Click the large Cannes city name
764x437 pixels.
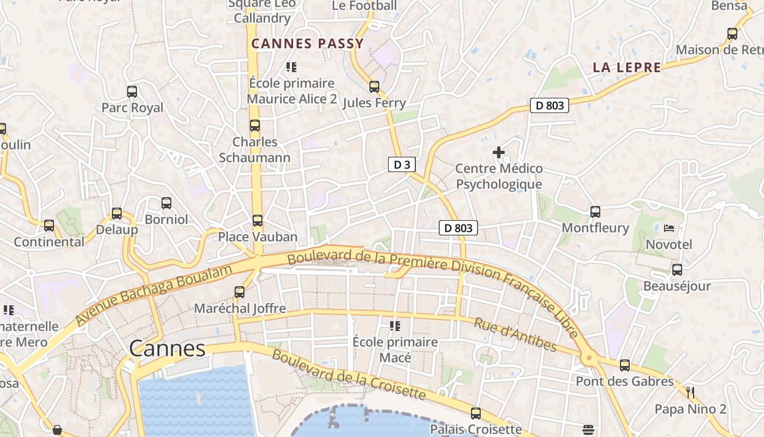(x=168, y=349)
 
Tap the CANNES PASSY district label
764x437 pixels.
(x=307, y=44)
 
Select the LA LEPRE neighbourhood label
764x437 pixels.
(x=627, y=68)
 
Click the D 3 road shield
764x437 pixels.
(x=402, y=164)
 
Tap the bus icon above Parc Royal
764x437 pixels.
(x=132, y=91)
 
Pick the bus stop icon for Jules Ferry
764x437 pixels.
(x=374, y=87)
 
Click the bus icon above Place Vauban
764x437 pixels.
(x=258, y=221)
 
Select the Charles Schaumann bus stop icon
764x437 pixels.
(x=255, y=126)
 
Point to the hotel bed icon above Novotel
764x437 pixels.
(x=669, y=228)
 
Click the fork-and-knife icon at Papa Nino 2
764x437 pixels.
(x=690, y=392)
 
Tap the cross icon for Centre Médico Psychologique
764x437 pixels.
(x=499, y=152)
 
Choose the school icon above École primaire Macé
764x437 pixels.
(x=395, y=326)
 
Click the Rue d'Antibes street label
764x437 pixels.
(x=515, y=335)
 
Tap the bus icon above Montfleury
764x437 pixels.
(x=595, y=211)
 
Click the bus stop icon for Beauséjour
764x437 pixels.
(x=677, y=269)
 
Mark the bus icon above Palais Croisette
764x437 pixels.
(x=476, y=413)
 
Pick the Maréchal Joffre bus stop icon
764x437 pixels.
(x=240, y=292)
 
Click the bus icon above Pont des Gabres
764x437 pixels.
(x=625, y=365)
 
